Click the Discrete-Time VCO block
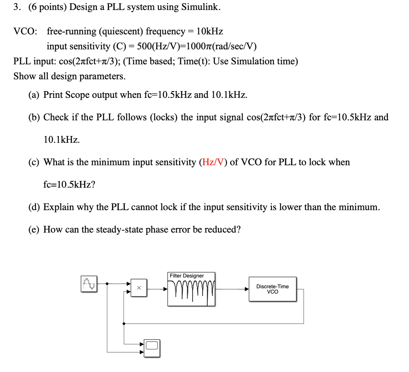(x=272, y=289)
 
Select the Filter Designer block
(x=191, y=289)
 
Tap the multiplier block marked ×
(x=139, y=288)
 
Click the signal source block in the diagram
(x=89, y=284)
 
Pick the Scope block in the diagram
(x=152, y=348)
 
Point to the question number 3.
(x=16, y=7)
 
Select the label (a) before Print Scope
(x=34, y=95)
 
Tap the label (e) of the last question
(x=34, y=230)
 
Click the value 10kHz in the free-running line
(x=209, y=31)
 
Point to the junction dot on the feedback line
(x=124, y=323)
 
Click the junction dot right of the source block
(x=107, y=284)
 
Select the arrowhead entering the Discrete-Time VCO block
(x=247, y=289)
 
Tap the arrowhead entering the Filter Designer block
(x=165, y=289)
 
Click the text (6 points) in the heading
(x=48, y=7)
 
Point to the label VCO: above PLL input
(x=25, y=31)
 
